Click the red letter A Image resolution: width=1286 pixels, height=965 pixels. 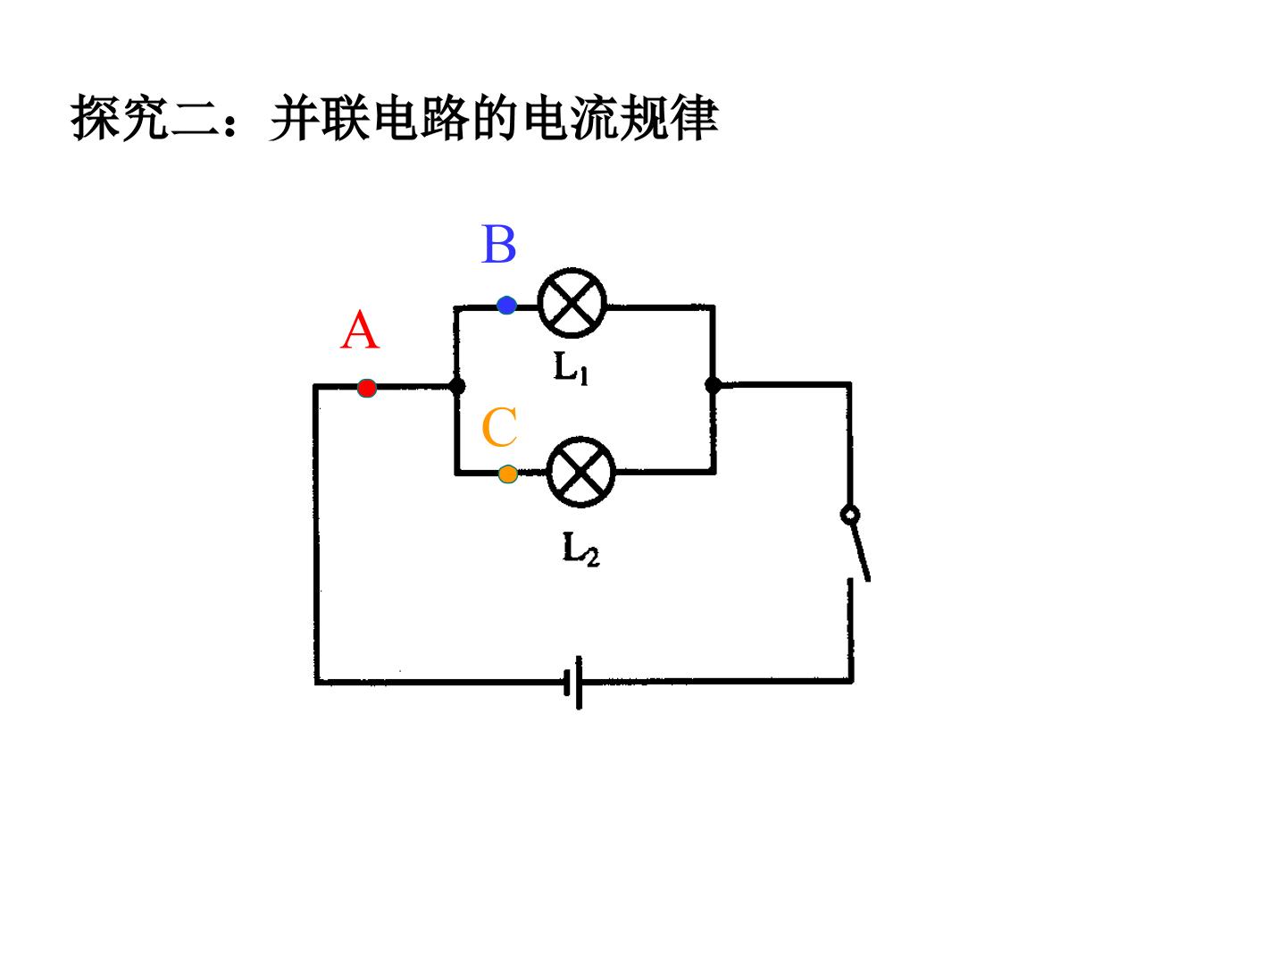360,330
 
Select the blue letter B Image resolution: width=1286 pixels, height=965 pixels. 498,244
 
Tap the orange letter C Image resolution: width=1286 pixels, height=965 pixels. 499,427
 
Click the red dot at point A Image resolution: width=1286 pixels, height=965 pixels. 367,388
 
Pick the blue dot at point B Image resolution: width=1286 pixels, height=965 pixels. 506,306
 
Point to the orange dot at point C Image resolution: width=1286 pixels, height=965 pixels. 508,474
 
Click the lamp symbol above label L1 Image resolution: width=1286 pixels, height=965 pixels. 572,303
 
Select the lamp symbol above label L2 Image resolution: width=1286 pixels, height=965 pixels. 580,472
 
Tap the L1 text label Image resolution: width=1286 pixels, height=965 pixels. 571,368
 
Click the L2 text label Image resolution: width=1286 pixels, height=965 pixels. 580,549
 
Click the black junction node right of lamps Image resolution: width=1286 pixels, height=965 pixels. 713,385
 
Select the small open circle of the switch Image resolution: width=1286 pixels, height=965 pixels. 850,515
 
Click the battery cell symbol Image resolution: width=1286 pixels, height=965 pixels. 573,682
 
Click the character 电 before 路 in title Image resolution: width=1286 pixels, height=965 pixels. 397,118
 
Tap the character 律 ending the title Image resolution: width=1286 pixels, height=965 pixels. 695,118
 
